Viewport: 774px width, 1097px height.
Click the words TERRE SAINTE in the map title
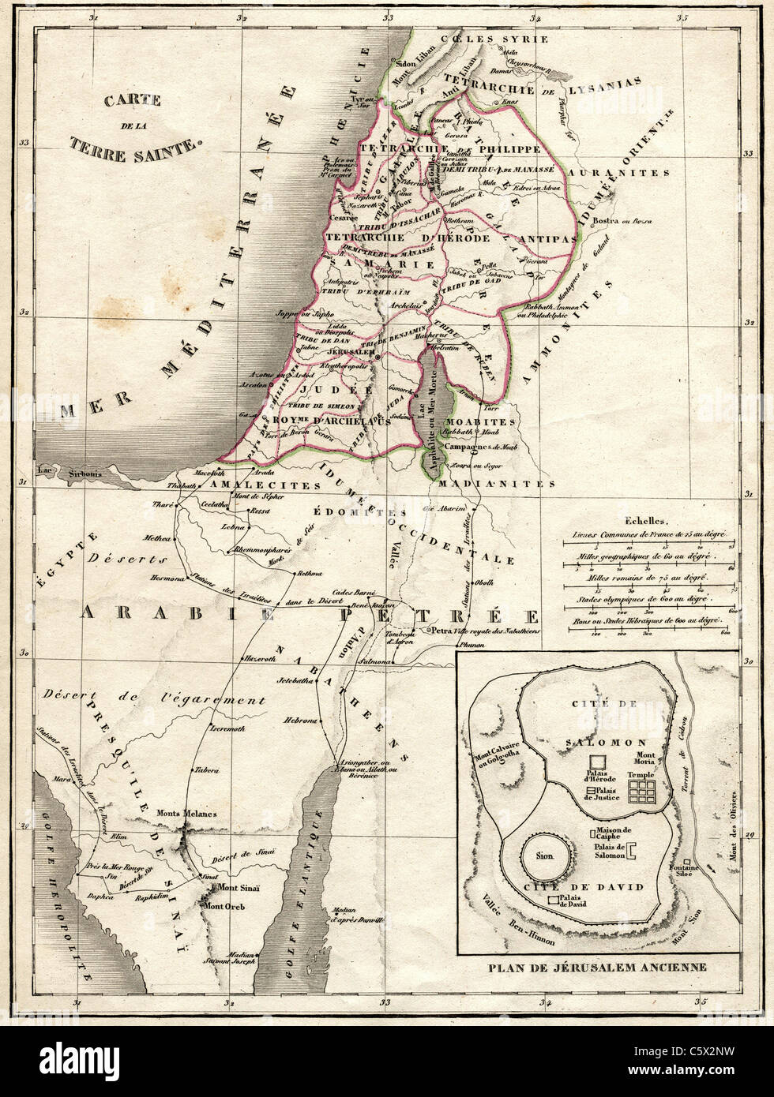135,144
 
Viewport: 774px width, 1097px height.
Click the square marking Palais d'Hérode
598,761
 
